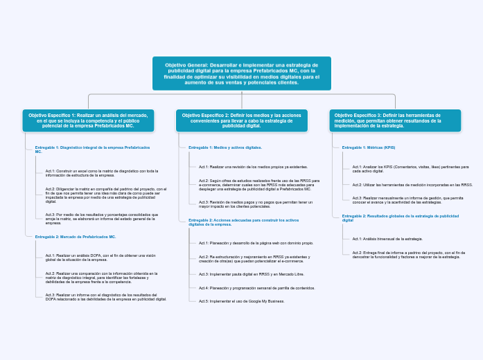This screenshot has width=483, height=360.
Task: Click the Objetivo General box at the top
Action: click(x=242, y=73)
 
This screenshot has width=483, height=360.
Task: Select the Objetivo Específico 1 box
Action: click(x=88, y=120)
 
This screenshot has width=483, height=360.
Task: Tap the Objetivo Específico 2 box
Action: click(x=241, y=120)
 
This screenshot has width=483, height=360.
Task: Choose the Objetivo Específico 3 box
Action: click(x=395, y=120)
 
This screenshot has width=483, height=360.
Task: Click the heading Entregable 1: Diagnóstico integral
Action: click(x=92, y=150)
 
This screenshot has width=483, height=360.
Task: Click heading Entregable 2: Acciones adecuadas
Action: click(x=243, y=222)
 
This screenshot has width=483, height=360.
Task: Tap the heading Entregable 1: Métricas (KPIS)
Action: click(x=369, y=147)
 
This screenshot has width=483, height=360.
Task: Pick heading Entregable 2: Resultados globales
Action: click(x=400, y=218)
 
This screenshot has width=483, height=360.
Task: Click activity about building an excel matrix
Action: click(x=102, y=173)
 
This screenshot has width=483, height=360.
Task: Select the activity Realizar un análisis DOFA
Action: click(x=100, y=258)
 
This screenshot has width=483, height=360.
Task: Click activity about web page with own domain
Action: click(x=256, y=243)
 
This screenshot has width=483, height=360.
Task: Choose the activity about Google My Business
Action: click(x=241, y=301)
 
